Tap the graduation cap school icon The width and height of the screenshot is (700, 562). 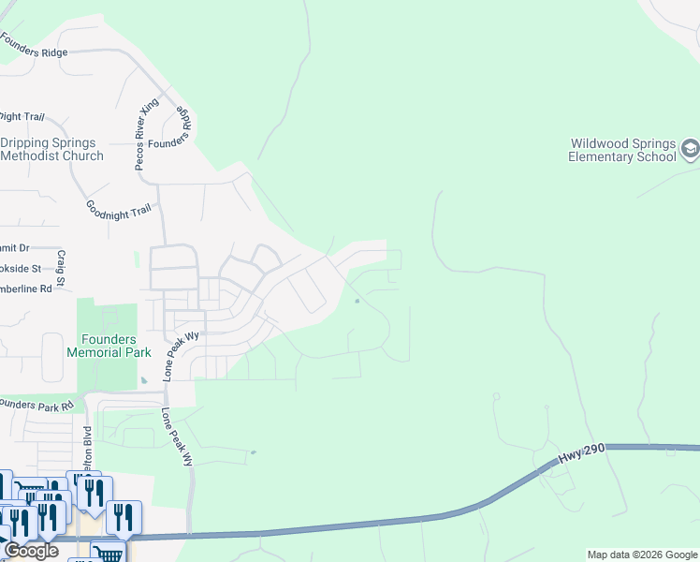click(x=690, y=148)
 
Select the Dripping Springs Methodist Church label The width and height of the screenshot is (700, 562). click(x=51, y=150)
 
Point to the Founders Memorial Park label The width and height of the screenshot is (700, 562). click(x=103, y=346)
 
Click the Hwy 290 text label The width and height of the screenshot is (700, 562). click(x=583, y=452)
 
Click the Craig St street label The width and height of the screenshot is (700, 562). click(x=61, y=269)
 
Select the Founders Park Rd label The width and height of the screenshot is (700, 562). click(x=36, y=406)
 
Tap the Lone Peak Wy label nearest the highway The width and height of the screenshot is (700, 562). click(x=176, y=437)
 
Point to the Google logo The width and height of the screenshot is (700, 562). click(x=31, y=551)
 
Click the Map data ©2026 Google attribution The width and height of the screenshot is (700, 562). click(x=642, y=555)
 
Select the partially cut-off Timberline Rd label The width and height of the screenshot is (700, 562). click(x=26, y=288)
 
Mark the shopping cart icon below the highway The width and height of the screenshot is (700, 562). click(x=109, y=553)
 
